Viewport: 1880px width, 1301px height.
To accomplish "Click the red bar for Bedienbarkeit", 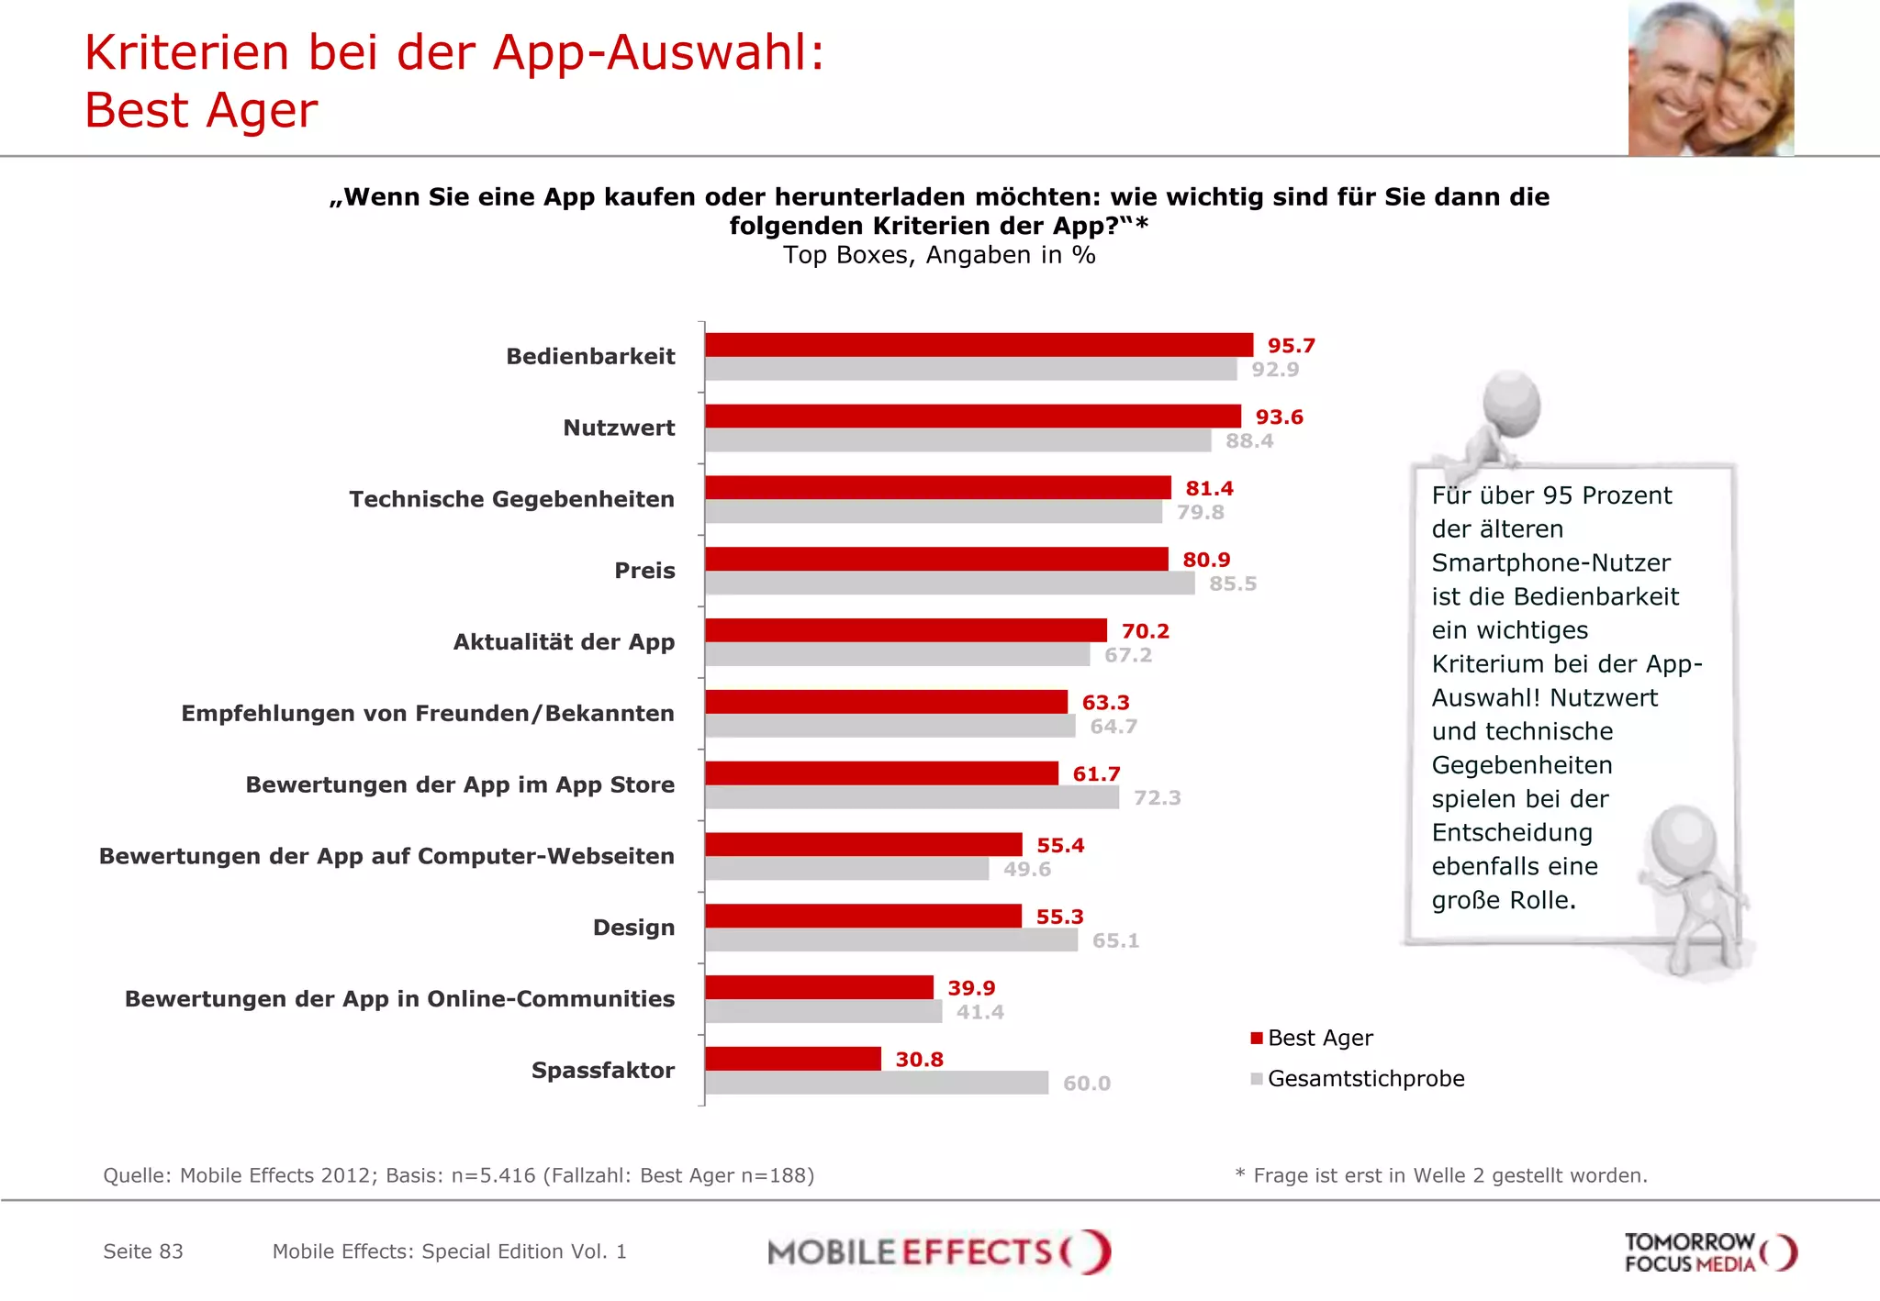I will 979,345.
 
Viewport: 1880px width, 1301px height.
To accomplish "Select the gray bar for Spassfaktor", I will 877,1083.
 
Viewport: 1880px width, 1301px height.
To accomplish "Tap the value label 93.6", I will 1279,417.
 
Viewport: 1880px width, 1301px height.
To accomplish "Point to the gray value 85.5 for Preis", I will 1232,584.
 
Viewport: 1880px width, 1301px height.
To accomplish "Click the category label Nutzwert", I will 619,428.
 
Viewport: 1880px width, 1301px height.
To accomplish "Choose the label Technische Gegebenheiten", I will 511,499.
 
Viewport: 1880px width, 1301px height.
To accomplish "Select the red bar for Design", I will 863,916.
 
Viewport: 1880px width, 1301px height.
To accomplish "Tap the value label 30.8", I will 919,1060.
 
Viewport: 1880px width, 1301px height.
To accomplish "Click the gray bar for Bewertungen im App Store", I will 912,797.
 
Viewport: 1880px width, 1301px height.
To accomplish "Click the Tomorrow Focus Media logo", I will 1708,1252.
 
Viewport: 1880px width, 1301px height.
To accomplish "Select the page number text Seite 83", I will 143,1251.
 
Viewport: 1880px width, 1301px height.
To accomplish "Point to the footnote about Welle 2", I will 1441,1175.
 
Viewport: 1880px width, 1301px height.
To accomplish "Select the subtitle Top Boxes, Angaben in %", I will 939,255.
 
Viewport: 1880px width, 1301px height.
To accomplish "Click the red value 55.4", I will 1059,846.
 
